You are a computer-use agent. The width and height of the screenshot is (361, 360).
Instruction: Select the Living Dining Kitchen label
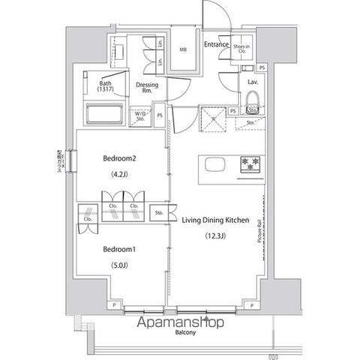(x=216, y=220)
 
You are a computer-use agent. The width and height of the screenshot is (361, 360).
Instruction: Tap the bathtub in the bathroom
(x=103, y=115)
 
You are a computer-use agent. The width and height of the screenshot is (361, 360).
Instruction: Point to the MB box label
(x=182, y=50)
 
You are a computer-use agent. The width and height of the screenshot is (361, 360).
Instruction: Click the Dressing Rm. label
(x=147, y=88)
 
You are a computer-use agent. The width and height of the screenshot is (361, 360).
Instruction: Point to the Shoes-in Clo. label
(x=242, y=49)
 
